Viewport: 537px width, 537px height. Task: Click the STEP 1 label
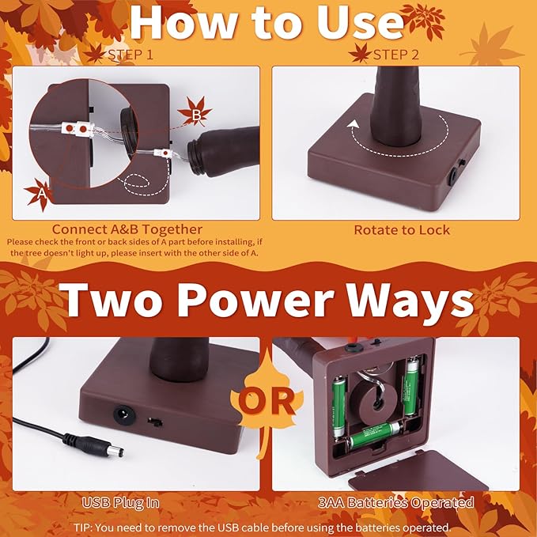[x=130, y=55]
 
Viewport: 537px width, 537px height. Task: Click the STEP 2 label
[x=396, y=55]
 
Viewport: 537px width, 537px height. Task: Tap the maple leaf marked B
[x=195, y=112]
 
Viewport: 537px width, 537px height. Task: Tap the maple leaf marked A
[x=40, y=193]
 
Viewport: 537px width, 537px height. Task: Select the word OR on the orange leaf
[x=267, y=401]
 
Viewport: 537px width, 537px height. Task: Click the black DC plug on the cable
[x=93, y=444]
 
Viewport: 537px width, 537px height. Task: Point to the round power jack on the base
[x=124, y=415]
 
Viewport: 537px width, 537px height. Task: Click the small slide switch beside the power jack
[x=155, y=422]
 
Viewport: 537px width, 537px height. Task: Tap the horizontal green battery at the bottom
[x=376, y=435]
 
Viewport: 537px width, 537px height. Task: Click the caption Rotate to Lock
[x=402, y=230]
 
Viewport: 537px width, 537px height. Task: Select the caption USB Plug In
[x=121, y=503]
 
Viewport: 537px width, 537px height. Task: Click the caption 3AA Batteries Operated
[x=396, y=502]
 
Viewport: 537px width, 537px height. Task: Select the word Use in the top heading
[x=360, y=23]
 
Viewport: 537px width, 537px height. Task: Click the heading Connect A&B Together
[x=127, y=229]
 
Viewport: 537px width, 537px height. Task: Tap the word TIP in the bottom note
[x=82, y=528]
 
